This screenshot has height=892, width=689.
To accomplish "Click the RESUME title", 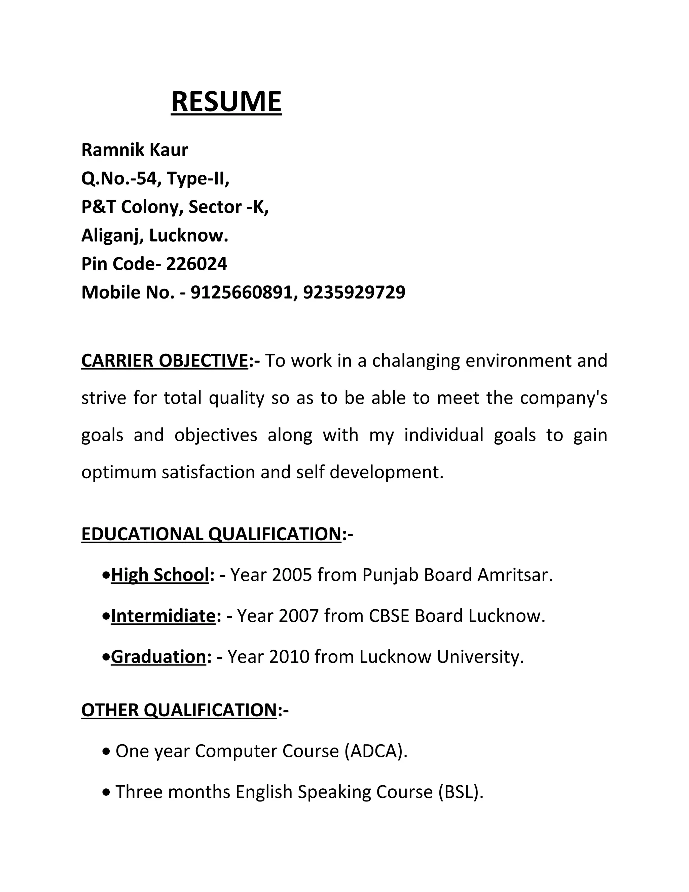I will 226,102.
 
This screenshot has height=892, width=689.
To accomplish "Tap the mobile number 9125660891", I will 241,293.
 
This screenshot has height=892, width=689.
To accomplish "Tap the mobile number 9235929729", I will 354,293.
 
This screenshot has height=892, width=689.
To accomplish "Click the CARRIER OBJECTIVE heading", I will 165,361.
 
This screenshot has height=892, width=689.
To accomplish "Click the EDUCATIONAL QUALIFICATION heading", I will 211,534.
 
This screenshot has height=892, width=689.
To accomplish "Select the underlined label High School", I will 159,575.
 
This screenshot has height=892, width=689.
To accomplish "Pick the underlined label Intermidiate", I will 163,616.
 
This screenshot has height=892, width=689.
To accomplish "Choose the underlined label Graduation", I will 158,657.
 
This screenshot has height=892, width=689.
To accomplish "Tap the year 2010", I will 289,657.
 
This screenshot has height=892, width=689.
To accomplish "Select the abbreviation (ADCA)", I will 375,751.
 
